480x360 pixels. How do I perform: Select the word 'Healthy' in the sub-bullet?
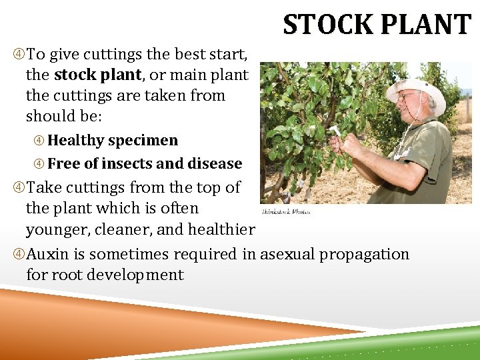[x=76, y=141]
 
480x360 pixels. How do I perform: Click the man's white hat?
[x=417, y=91]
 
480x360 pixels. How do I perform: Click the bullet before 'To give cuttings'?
[x=18, y=53]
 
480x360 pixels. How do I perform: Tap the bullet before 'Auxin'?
[x=18, y=254]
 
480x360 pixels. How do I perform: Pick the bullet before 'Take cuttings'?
[x=18, y=187]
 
